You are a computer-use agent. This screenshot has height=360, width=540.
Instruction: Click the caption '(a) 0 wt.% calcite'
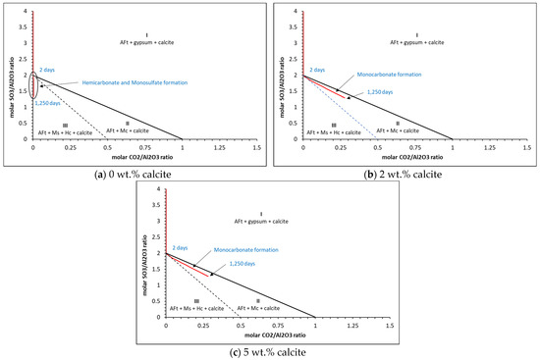click(x=134, y=174)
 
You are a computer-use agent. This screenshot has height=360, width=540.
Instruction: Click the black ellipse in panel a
click(x=33, y=84)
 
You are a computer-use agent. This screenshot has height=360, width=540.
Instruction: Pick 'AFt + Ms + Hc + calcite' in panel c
click(x=198, y=309)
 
